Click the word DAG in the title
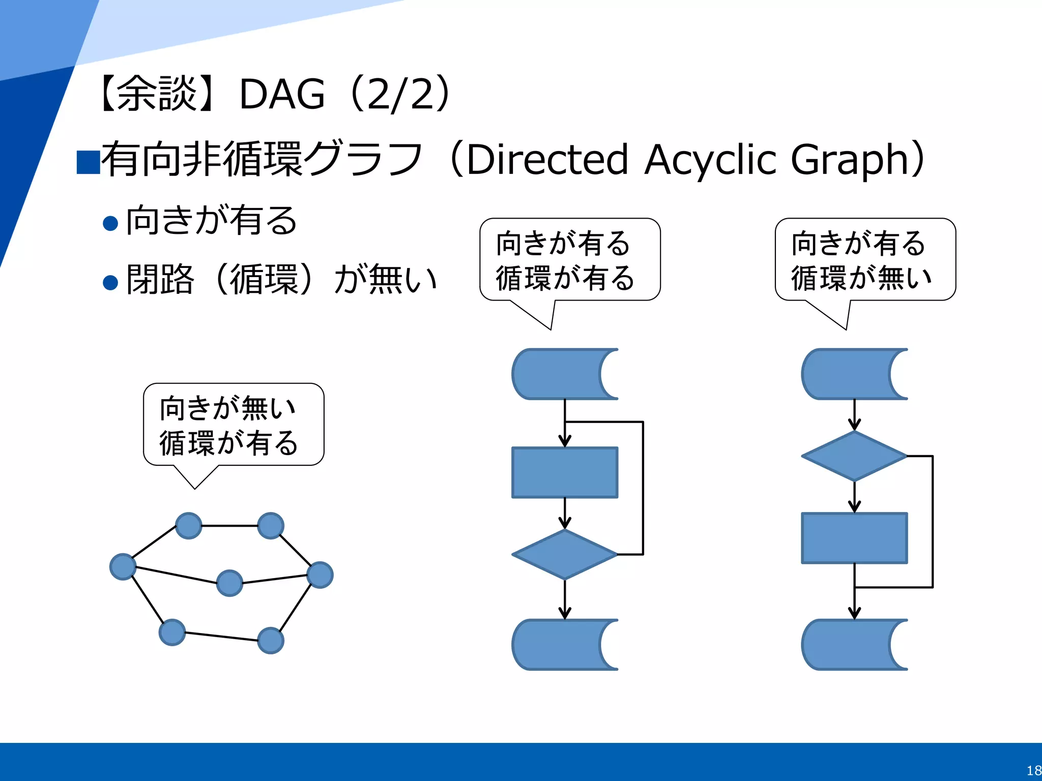click(x=282, y=95)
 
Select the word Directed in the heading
click(x=547, y=160)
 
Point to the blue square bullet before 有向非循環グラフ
click(x=88, y=163)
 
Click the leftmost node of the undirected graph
click(x=123, y=566)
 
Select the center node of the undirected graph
click(x=229, y=583)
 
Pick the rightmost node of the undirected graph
click(x=320, y=575)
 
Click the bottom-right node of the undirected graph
click(x=271, y=640)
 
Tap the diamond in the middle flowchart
click(x=564, y=554)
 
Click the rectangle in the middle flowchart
click(x=564, y=472)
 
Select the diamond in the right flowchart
click(x=854, y=456)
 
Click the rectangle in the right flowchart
click(x=854, y=538)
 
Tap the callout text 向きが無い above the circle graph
click(x=227, y=408)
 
